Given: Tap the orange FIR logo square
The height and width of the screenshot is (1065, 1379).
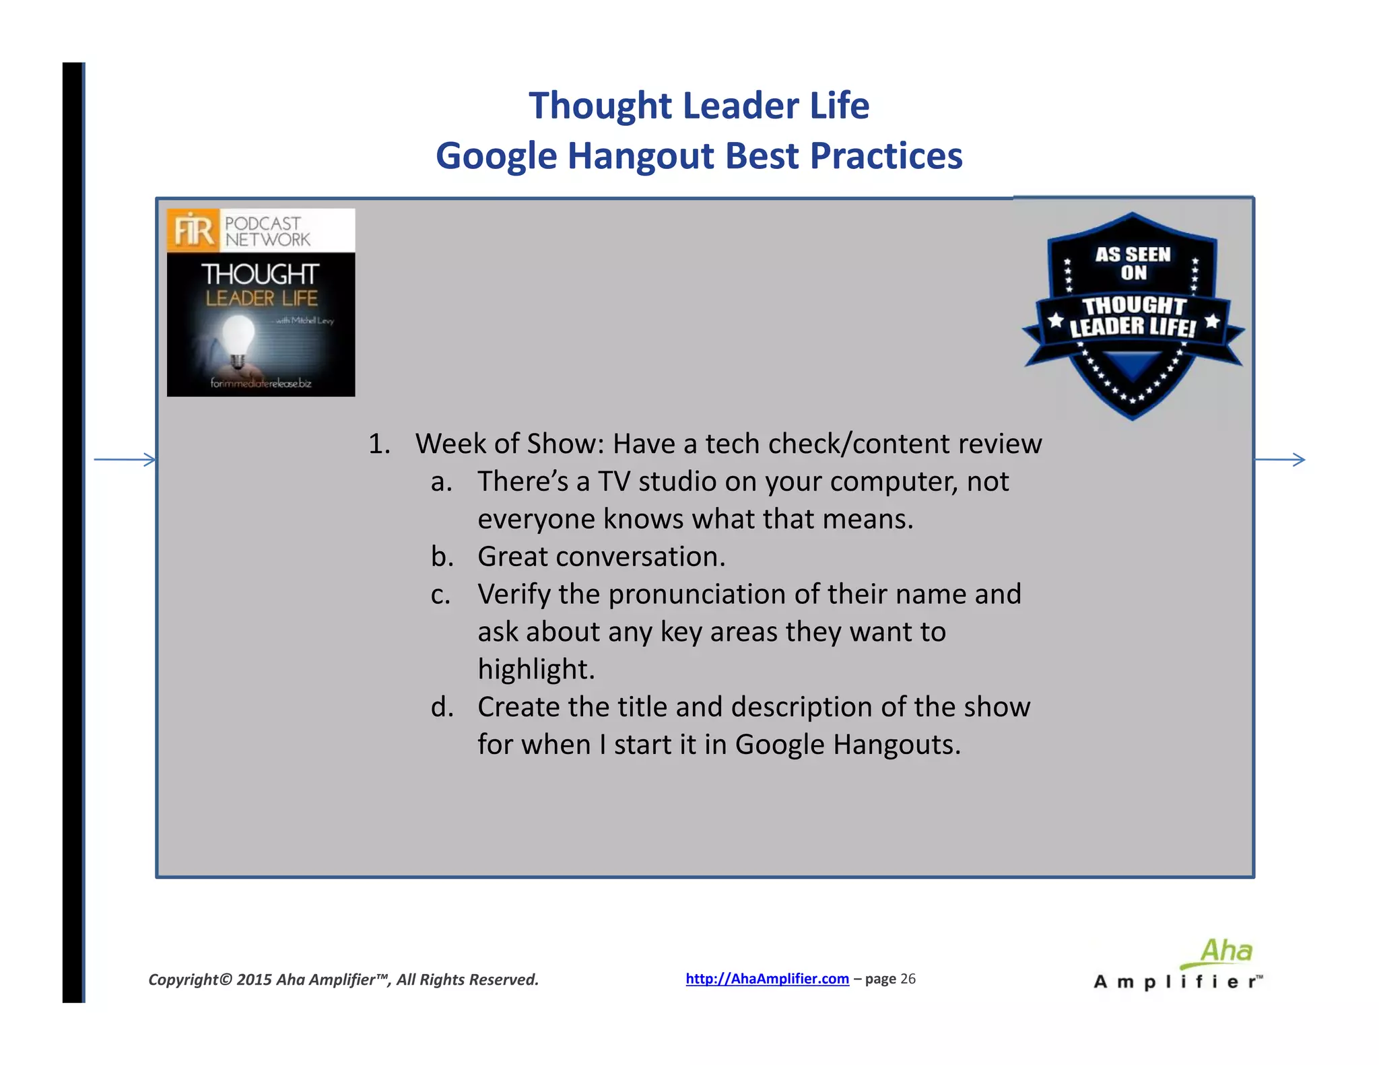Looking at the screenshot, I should click(x=193, y=230).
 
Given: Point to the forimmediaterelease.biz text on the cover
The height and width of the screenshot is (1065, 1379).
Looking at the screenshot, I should click(x=261, y=383).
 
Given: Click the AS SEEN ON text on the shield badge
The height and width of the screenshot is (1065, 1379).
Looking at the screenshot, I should click(x=1133, y=263).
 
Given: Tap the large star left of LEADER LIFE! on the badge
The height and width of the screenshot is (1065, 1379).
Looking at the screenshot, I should click(x=1056, y=320).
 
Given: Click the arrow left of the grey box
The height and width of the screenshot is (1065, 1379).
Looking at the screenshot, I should click(x=125, y=460).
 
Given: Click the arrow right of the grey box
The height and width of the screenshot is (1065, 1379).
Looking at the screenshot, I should click(x=1279, y=460).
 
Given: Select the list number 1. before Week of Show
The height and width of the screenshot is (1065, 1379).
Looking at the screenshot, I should click(x=379, y=444).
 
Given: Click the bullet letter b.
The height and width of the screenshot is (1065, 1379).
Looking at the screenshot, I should click(x=442, y=557).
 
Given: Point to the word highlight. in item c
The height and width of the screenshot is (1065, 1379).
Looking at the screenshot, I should click(x=536, y=670).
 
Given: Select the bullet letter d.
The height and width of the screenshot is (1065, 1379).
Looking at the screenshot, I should click(x=442, y=707).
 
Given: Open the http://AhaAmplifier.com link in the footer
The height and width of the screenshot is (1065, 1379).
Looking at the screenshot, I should click(x=767, y=979).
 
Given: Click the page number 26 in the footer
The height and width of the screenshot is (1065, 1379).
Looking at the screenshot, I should click(x=908, y=979).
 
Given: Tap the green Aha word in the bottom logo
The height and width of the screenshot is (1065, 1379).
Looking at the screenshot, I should click(x=1226, y=951).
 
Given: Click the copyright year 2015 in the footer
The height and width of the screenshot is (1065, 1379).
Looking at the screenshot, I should click(x=254, y=980).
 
